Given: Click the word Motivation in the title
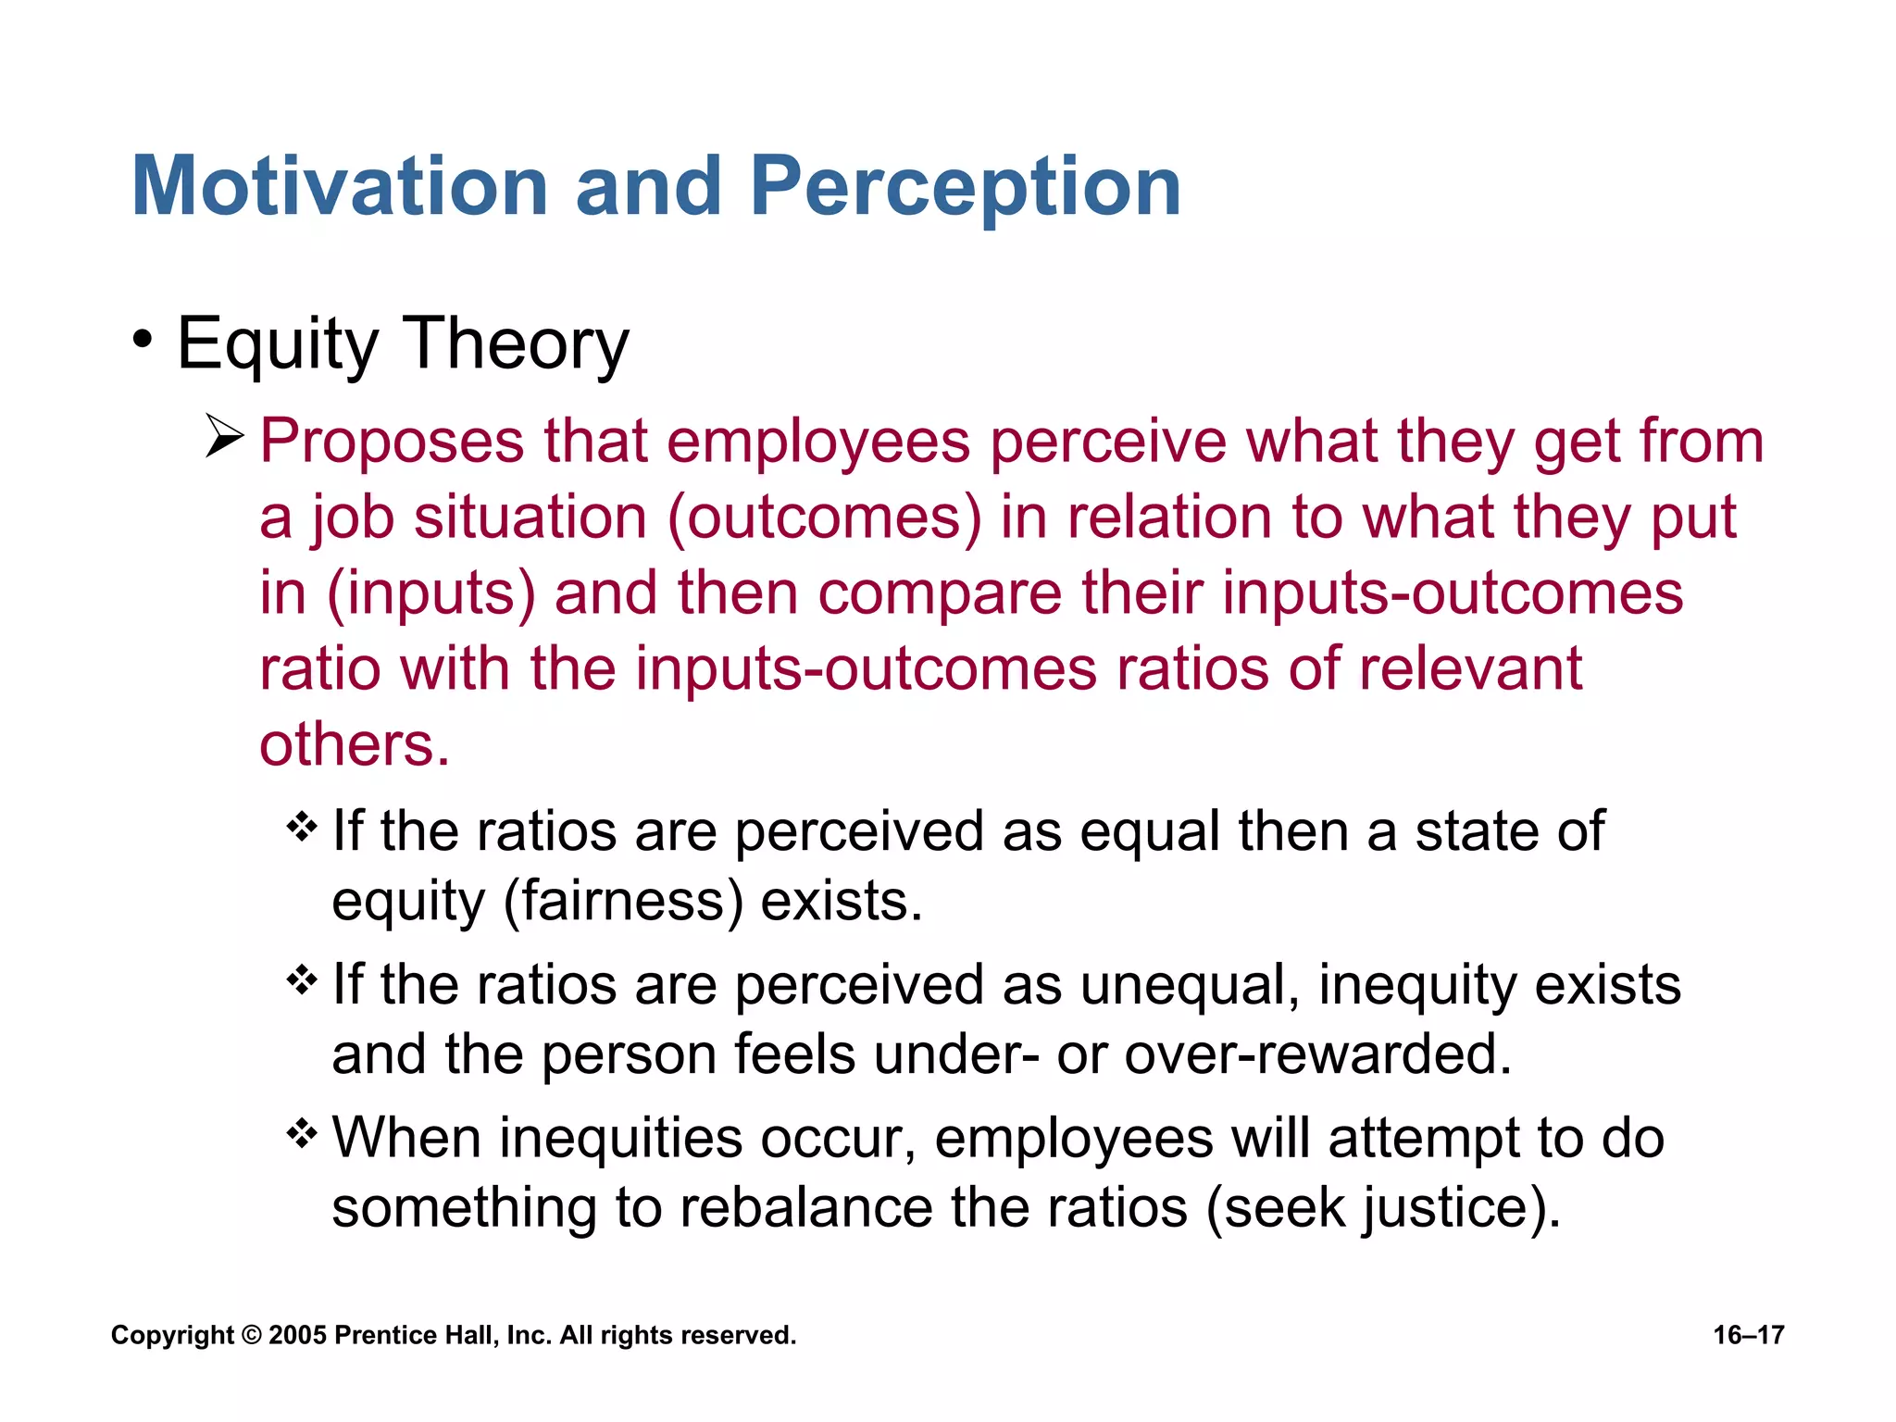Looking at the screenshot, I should pyautogui.click(x=340, y=187).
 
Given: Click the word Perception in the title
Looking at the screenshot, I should pyautogui.click(x=965, y=187).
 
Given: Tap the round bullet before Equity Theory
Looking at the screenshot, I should pyautogui.click(x=142, y=340).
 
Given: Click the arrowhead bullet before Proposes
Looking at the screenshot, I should pyautogui.click(x=224, y=437).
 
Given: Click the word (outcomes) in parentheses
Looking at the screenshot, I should pyautogui.click(x=824, y=518).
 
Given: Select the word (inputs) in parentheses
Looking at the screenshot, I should pyautogui.click(x=431, y=593).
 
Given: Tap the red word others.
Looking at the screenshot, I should pyautogui.click(x=355, y=745).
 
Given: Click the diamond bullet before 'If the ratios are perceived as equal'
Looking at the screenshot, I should pyautogui.click(x=303, y=826).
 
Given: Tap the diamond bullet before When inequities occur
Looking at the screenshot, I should pyautogui.click(x=303, y=1132).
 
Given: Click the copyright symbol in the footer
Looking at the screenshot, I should pyautogui.click(x=251, y=1335).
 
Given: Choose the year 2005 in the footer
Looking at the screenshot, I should pyautogui.click(x=297, y=1335).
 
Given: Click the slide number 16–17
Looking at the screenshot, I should pyautogui.click(x=1748, y=1335).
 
